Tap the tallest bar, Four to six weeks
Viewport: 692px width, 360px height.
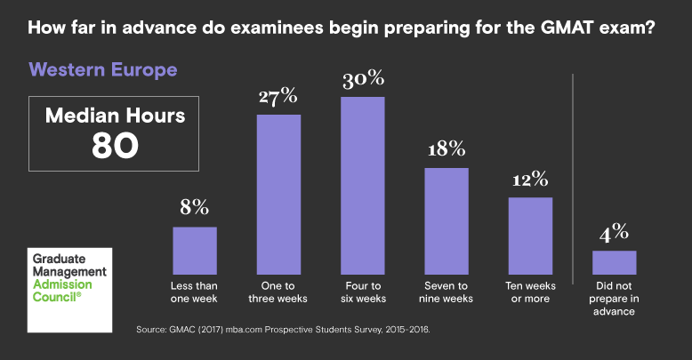(362, 185)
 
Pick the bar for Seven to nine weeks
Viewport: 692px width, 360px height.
(446, 220)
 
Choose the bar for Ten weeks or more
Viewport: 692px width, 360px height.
(530, 235)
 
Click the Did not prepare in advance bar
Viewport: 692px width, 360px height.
(614, 262)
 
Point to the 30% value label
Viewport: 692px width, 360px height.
(362, 80)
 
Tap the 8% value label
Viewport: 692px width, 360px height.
(194, 209)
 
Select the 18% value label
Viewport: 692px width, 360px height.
(446, 149)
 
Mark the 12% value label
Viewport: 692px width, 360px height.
(530, 179)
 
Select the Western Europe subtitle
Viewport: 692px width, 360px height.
(103, 69)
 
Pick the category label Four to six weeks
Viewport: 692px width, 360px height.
(362, 292)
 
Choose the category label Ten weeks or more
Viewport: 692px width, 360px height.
(530, 292)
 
